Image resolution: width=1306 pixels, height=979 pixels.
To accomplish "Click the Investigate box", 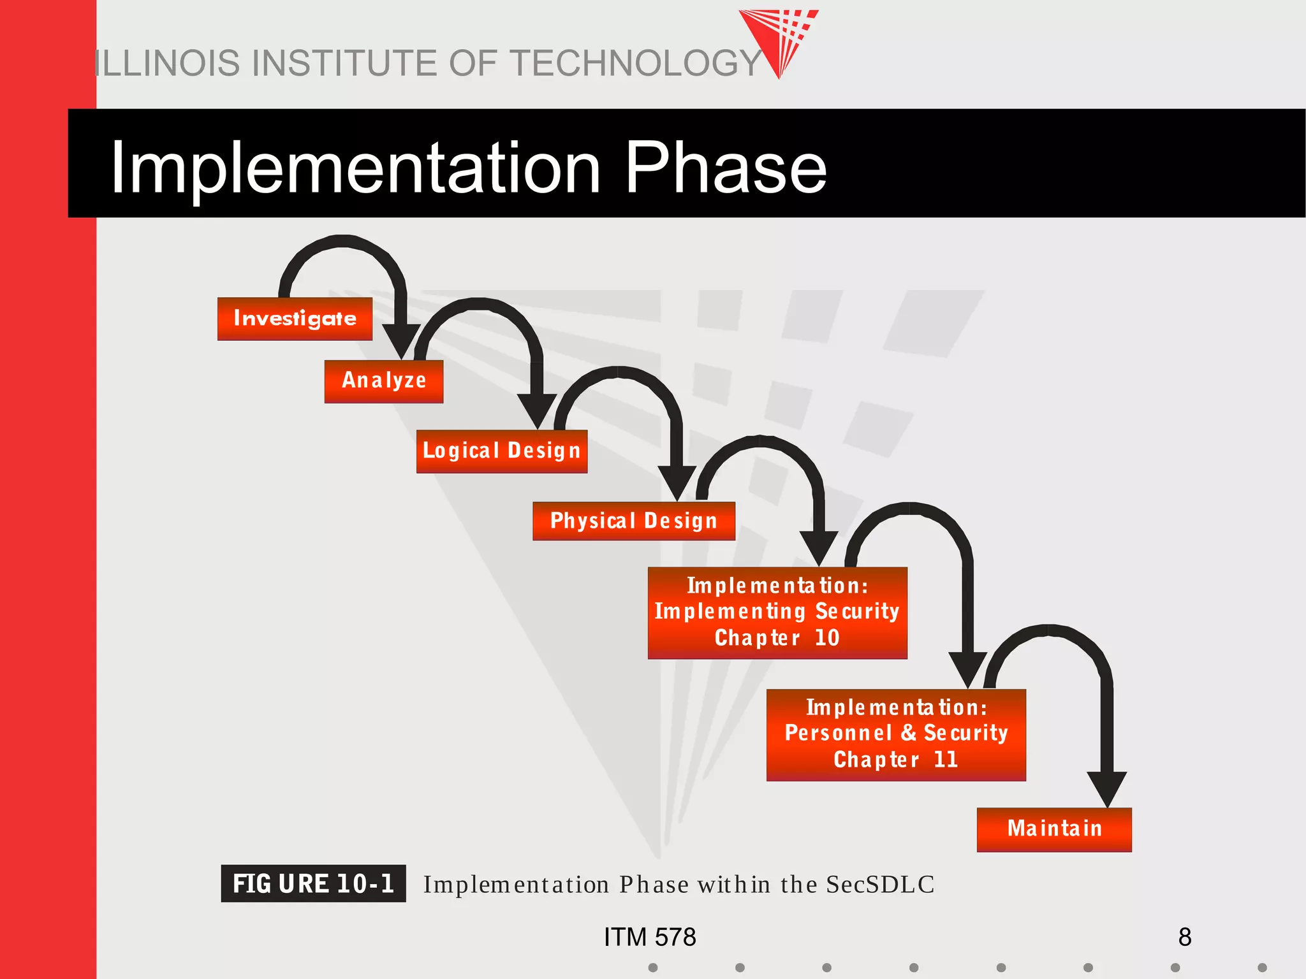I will pos(295,319).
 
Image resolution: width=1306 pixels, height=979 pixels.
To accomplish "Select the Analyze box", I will pos(383,381).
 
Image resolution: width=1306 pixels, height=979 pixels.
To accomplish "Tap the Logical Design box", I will pos(501,451).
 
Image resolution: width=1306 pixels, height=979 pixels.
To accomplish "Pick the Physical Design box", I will pos(633,521).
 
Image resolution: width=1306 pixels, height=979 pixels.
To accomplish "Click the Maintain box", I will pos(1053,829).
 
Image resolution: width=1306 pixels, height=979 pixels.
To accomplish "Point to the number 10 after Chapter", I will pos(827,638).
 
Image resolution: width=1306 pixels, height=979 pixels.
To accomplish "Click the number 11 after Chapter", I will pos(946,760).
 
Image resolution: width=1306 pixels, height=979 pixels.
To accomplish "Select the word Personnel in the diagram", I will pos(838,733).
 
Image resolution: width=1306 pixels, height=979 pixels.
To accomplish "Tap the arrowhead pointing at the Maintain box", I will pos(1106,789).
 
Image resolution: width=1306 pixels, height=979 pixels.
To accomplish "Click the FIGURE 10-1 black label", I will pos(313,884).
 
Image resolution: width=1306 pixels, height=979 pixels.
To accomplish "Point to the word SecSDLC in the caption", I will pos(880,885).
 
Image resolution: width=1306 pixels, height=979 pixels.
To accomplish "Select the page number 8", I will pos(1184,937).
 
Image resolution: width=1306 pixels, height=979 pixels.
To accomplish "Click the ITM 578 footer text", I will pos(650,937).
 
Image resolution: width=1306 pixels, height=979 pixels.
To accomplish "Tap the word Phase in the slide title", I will pos(725,168).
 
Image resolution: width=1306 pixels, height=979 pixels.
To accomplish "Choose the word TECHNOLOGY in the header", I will pos(635,64).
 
